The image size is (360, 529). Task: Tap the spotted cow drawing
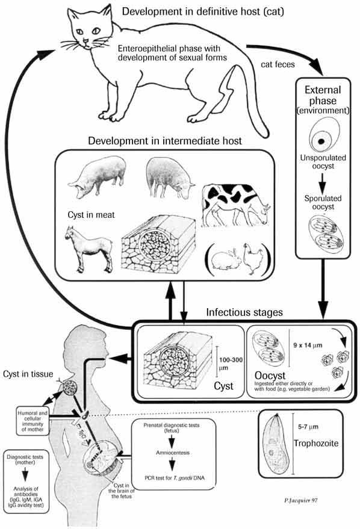tap(236, 205)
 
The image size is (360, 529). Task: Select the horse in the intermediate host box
tap(88, 249)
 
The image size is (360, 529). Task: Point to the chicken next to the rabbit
tap(253, 258)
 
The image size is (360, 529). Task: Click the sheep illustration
tap(170, 178)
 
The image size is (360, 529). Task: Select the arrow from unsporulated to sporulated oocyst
tap(323, 183)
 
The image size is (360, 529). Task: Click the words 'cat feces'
tap(278, 64)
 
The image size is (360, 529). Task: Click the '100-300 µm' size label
tap(231, 363)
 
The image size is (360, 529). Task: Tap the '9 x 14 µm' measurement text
tap(308, 345)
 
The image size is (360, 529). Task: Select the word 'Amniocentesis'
tap(173, 453)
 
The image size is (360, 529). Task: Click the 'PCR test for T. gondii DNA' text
tap(175, 478)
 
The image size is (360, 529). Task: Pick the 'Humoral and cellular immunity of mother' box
tap(33, 421)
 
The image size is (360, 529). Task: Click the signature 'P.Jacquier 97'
tap(301, 500)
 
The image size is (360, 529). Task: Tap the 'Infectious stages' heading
tap(244, 312)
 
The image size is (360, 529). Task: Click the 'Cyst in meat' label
tap(91, 215)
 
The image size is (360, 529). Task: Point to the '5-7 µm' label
tap(308, 427)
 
